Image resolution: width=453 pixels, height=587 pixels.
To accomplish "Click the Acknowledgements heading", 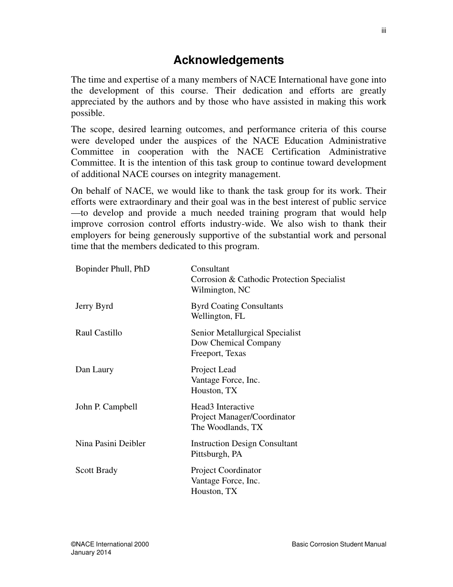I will tap(228, 60).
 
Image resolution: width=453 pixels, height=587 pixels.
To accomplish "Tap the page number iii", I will tap(383, 31).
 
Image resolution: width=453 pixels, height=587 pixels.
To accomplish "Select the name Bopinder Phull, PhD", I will tap(113, 269).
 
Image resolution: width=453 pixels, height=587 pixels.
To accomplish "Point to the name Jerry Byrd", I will tap(94, 306).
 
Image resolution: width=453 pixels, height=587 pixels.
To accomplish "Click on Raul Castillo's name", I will tap(99, 333).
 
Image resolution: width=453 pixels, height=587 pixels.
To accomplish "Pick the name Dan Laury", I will tap(94, 370).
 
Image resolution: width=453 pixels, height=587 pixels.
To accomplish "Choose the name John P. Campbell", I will tap(106, 407).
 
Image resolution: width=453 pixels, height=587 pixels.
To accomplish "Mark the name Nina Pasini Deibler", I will tap(111, 444).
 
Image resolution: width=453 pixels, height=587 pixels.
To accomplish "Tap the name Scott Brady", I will tap(96, 471).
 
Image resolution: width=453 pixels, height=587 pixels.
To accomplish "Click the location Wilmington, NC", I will tap(220, 290).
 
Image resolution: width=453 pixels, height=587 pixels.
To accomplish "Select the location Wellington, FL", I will tap(218, 316).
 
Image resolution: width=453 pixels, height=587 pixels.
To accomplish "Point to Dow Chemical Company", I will tap(236, 343).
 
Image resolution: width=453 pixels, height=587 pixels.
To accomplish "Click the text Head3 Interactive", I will tap(223, 407).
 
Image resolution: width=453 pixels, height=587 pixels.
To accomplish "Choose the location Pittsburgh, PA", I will tap(216, 454).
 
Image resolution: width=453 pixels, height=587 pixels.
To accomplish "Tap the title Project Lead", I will tap(213, 370).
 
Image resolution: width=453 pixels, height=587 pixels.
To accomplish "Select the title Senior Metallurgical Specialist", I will tap(246, 333).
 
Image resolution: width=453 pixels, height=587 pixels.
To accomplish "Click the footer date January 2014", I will tap(91, 553).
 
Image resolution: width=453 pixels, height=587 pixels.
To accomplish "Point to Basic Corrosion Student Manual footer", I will tap(339, 545).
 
